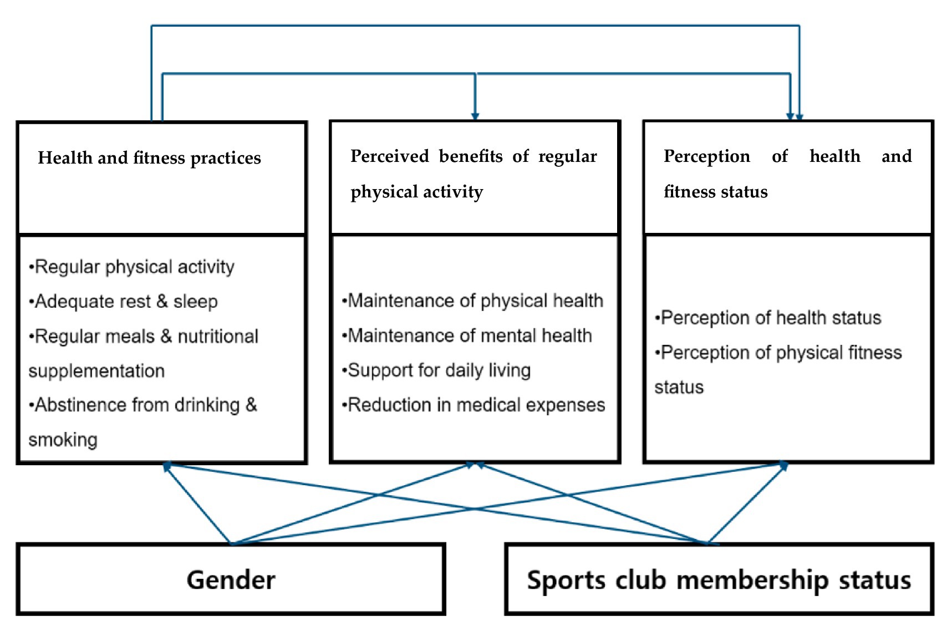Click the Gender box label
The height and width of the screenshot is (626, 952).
(231, 580)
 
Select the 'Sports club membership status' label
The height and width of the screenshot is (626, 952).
(719, 580)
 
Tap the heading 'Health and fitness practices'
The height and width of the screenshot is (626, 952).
(149, 158)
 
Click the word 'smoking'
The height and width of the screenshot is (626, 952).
(63, 440)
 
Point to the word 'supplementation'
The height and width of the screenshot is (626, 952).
(96, 371)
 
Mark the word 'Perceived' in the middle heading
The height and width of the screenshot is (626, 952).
(390, 156)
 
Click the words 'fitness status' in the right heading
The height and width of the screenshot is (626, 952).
(715, 192)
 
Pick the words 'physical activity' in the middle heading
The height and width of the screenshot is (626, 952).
(416, 192)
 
